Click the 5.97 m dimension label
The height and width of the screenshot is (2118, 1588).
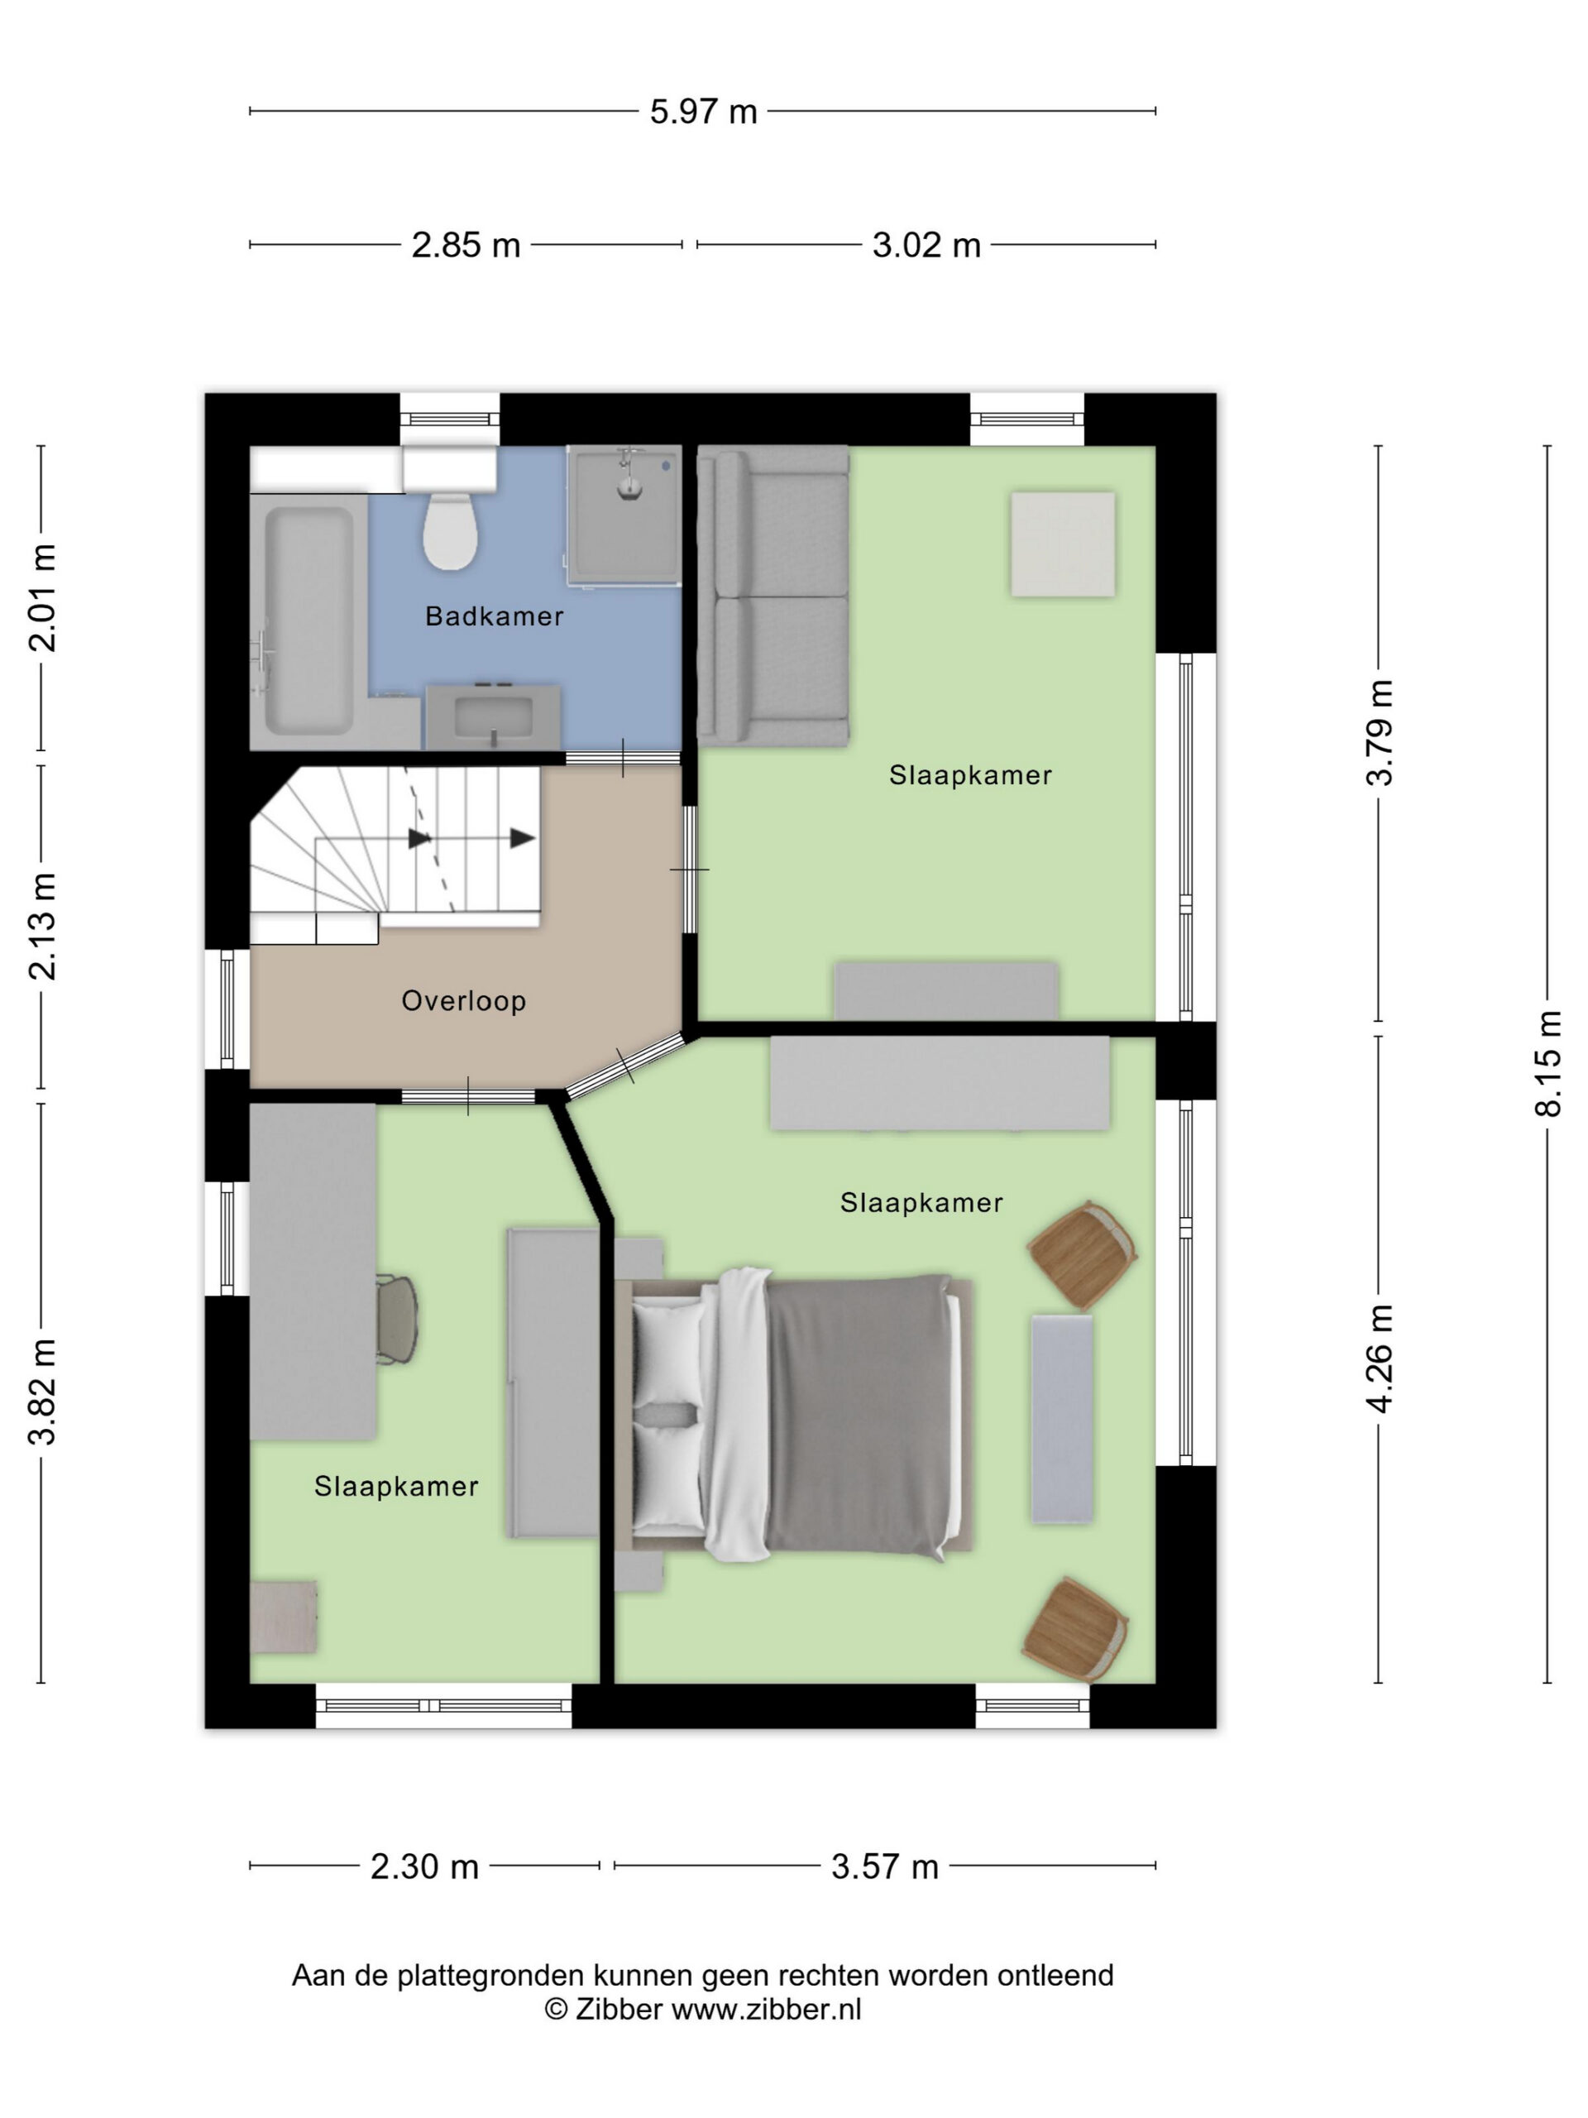[x=704, y=112]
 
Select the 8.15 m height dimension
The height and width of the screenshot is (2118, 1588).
[x=1547, y=1063]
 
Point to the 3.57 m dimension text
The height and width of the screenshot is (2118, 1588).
[x=884, y=1866]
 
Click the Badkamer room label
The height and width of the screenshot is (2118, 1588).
[x=494, y=616]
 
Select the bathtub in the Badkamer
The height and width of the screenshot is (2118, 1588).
[x=309, y=621]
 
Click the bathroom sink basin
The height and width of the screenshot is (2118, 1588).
[x=493, y=716]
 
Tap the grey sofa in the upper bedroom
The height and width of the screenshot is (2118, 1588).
[x=773, y=596]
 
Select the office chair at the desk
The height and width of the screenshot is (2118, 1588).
[x=396, y=1319]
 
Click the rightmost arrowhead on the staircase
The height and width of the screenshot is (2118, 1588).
[x=523, y=839]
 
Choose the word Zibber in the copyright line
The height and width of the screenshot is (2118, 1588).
[x=619, y=2009]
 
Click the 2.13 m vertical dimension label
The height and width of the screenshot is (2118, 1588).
[x=42, y=926]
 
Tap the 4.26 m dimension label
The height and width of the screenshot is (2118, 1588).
[x=1379, y=1358]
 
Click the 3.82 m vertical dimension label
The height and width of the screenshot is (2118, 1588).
[x=42, y=1392]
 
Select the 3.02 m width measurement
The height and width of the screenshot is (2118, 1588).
[x=926, y=245]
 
